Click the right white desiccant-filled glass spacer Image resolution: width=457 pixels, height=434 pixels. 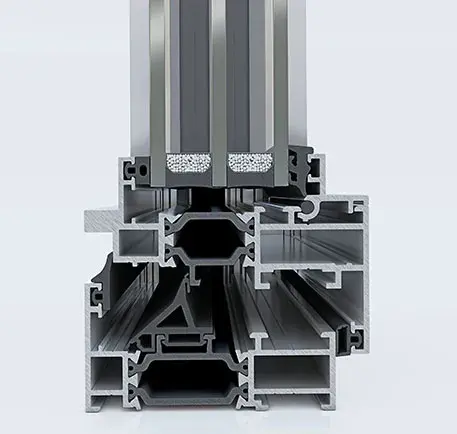click(249, 161)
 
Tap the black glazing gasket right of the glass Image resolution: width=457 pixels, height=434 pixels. click(299, 163)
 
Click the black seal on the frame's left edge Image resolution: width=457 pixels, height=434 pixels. click(99, 285)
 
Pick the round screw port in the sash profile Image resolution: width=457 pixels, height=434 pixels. click(318, 209)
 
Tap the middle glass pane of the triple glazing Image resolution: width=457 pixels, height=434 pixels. click(220, 70)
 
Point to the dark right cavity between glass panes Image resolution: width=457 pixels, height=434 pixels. click(247, 70)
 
